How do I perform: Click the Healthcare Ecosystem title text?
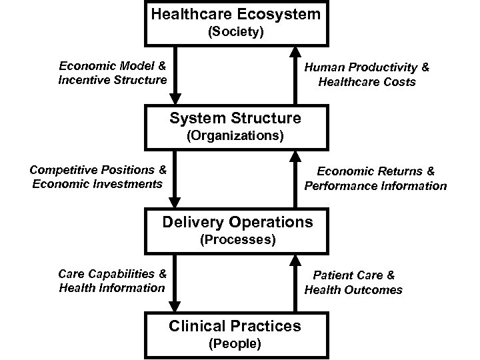[x=235, y=13]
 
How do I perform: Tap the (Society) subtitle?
[x=235, y=31]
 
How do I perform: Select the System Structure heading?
[x=235, y=119]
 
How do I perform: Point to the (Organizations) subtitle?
[x=235, y=137]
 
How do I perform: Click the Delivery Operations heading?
[x=237, y=221]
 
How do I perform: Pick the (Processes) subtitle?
[x=238, y=239]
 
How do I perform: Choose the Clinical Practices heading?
[x=235, y=326]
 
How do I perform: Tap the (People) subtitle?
[x=235, y=344]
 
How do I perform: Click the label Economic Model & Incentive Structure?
[x=112, y=73]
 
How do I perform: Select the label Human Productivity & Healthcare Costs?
[x=367, y=75]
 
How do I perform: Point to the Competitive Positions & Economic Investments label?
[x=98, y=177]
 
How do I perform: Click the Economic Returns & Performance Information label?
[x=375, y=179]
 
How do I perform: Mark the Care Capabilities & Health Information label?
[x=112, y=281]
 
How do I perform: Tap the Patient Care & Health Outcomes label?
[x=354, y=282]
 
